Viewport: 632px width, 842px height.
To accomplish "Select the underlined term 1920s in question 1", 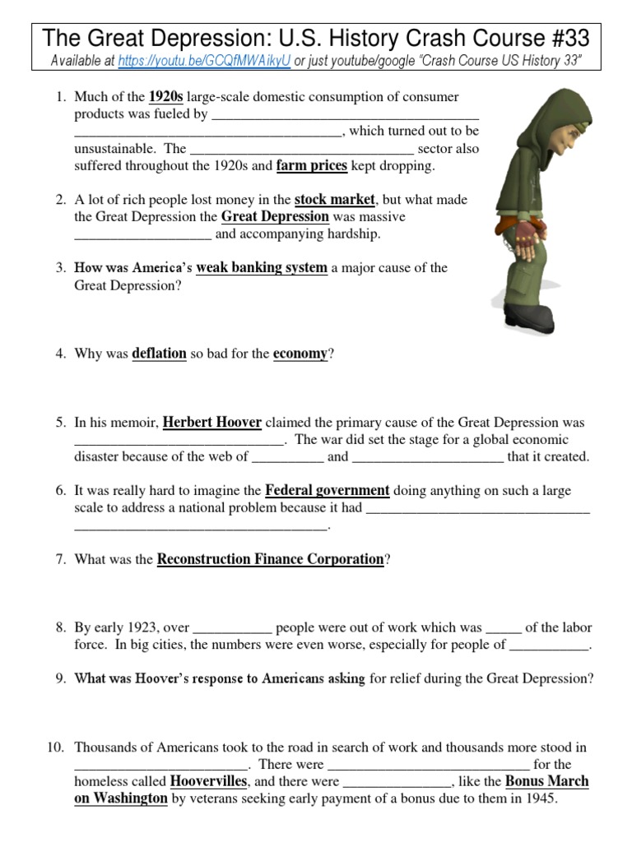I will pyautogui.click(x=165, y=97).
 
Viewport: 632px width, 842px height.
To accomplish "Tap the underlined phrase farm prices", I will pyautogui.click(x=311, y=166).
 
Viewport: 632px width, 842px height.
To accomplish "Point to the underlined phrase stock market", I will pyautogui.click(x=334, y=200).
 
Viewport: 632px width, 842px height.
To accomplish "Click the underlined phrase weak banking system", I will pyautogui.click(x=261, y=268).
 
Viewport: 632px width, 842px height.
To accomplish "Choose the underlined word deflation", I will pyautogui.click(x=159, y=354).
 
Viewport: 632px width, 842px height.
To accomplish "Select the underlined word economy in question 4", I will pyautogui.click(x=300, y=354).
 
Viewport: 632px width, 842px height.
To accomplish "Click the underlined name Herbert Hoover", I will pyautogui.click(x=211, y=423).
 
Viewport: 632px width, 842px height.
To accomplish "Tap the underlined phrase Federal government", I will pyautogui.click(x=327, y=491).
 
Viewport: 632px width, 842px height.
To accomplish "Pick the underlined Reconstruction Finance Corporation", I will pyautogui.click(x=270, y=560).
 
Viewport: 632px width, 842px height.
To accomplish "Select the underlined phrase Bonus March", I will pyautogui.click(x=546, y=782).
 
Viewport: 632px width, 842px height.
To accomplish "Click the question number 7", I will pyautogui.click(x=60, y=560).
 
